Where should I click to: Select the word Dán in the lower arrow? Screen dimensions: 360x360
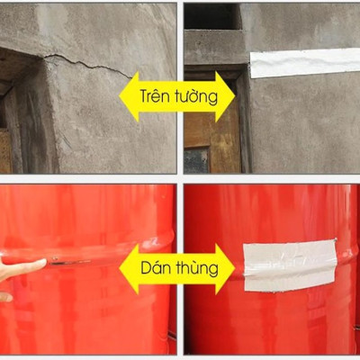pyautogui.click(x=157, y=267)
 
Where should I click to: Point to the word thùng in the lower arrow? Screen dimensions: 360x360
pyautogui.click(x=198, y=267)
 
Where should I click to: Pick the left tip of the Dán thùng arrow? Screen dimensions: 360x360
pyautogui.click(x=119, y=268)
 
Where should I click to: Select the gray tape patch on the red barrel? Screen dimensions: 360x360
pyautogui.click(x=288, y=265)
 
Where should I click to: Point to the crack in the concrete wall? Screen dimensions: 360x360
pyautogui.click(x=85, y=63)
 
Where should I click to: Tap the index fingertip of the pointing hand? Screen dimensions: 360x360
pyautogui.click(x=42, y=263)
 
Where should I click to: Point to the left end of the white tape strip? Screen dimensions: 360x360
pyautogui.click(x=253, y=65)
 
